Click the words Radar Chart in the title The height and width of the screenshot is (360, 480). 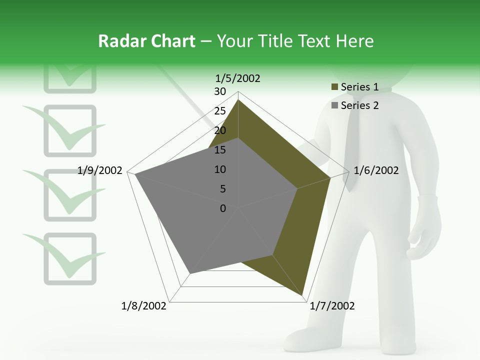tap(146, 41)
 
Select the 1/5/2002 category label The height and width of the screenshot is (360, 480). tap(238, 78)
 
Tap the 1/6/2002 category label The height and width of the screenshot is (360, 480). tap(376, 170)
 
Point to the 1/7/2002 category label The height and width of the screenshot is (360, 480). tap(332, 306)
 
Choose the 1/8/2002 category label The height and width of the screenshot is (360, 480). tap(144, 306)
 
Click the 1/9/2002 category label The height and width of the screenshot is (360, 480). tap(100, 170)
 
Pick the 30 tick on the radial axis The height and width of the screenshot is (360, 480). tap(220, 91)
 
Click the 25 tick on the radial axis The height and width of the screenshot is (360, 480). tap(220, 111)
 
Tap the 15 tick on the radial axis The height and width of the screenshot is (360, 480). tap(220, 150)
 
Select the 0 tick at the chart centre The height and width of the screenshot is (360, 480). tap(223, 208)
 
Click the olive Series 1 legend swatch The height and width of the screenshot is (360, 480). tap(334, 87)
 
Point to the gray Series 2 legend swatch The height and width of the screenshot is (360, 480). tap(334, 105)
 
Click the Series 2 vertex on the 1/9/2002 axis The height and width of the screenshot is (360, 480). tap(135, 174)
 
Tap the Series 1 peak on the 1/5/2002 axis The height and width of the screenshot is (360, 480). tap(238, 100)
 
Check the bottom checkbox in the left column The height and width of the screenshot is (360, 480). tap(69, 258)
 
